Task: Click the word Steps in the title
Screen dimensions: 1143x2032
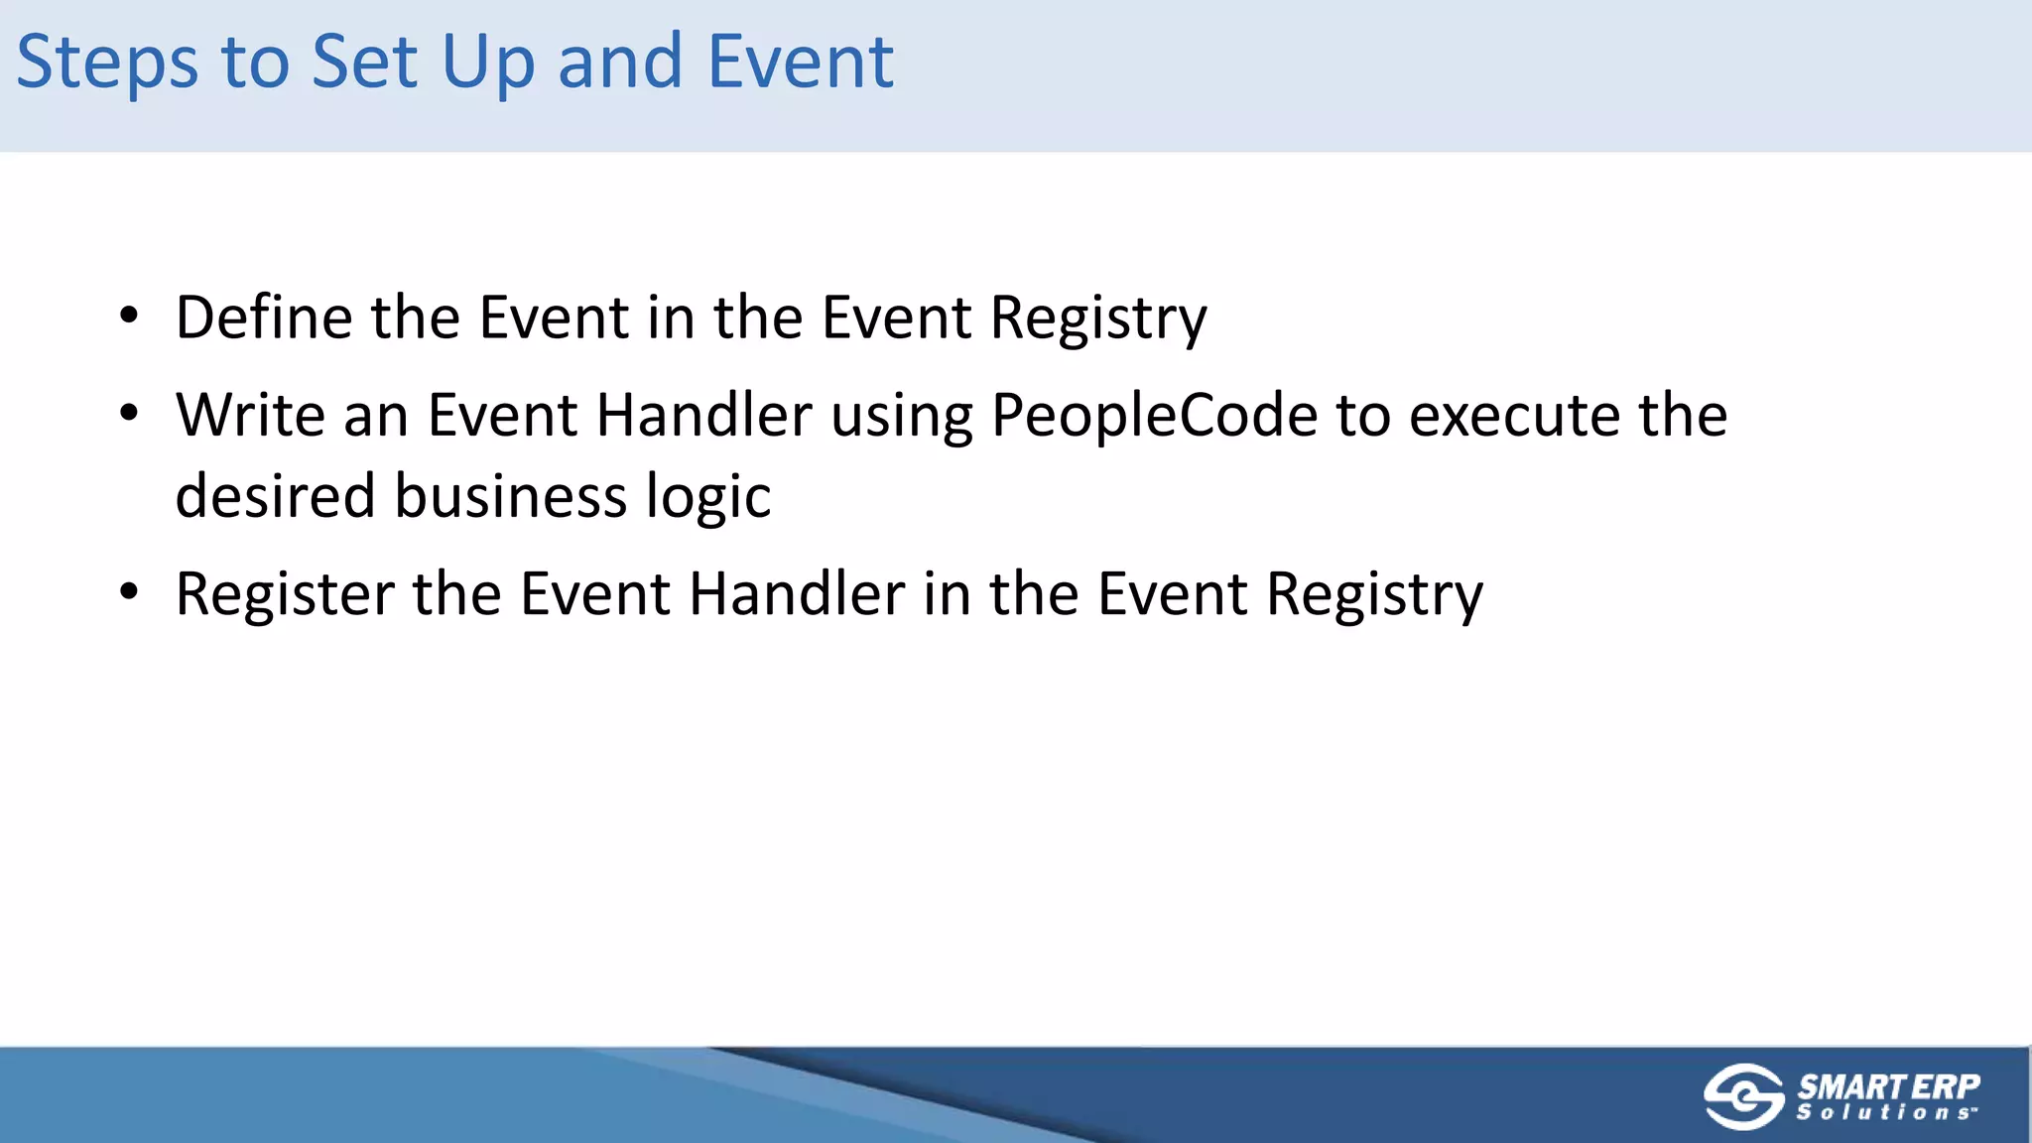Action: coord(107,63)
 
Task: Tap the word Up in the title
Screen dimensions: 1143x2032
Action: coord(487,63)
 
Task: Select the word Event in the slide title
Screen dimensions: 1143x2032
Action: coord(801,63)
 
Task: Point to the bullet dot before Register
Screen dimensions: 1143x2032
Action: coord(129,592)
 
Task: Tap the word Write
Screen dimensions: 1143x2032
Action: coord(250,415)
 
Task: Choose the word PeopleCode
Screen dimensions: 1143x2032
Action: coord(1154,415)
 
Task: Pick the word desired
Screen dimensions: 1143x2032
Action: coord(275,496)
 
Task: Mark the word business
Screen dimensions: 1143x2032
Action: coord(511,496)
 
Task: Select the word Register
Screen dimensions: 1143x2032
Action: coord(285,594)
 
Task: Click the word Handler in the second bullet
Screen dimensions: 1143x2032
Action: coord(704,415)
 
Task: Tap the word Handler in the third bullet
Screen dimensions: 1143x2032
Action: coord(797,594)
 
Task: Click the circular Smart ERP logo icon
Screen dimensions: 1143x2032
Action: coord(1743,1096)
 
